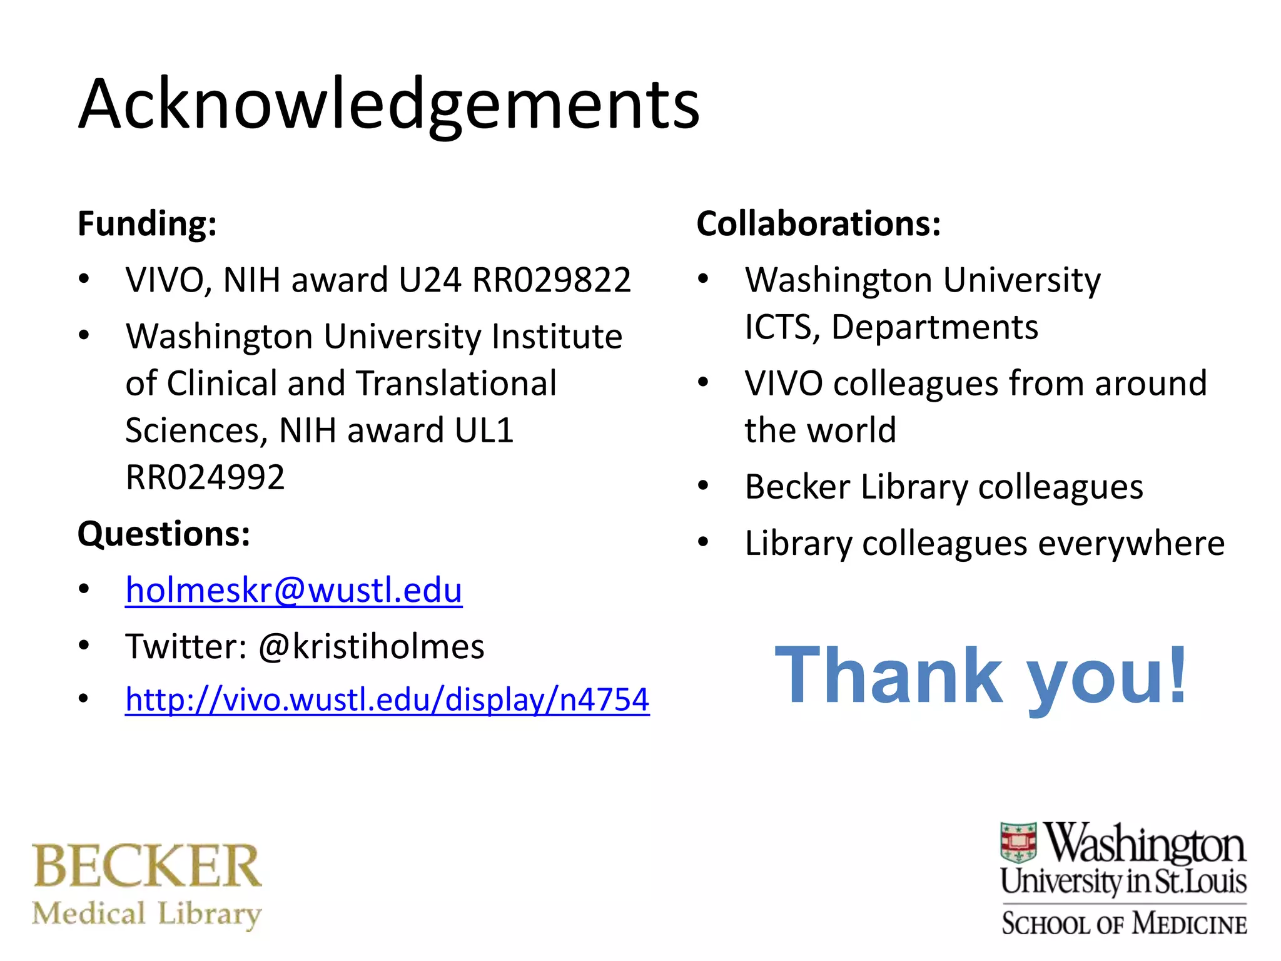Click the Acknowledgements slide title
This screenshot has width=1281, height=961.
pos(389,104)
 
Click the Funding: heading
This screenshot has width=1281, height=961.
pos(147,224)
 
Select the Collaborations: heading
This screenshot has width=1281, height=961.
pos(818,224)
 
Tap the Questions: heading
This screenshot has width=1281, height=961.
pos(164,534)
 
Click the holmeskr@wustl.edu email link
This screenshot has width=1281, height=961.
pos(293,590)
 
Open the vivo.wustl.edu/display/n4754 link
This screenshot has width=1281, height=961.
pos(387,699)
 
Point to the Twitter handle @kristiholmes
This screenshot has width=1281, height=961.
pos(371,646)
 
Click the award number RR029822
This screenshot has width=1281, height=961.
pos(551,280)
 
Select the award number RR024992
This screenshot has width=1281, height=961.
pos(205,477)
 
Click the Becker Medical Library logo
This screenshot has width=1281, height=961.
pos(147,885)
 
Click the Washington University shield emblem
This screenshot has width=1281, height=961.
pos(1019,843)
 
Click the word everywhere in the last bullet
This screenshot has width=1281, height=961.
pos(1131,543)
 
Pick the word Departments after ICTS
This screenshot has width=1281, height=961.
pos(934,327)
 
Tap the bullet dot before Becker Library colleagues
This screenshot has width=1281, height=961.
pos(704,486)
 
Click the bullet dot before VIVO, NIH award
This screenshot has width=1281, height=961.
pos(84,279)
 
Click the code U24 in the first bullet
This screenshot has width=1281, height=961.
pos(430,280)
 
